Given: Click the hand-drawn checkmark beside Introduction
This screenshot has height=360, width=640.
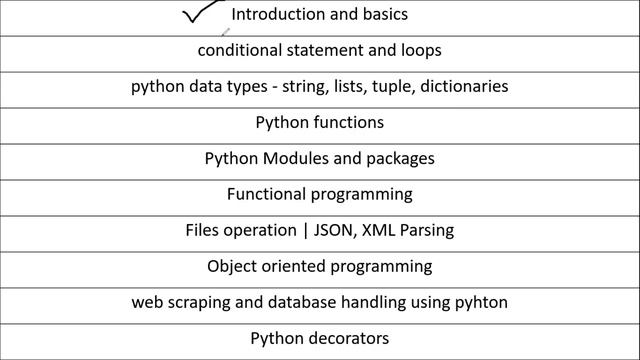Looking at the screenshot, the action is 203,14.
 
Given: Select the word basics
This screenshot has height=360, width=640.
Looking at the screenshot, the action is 382,15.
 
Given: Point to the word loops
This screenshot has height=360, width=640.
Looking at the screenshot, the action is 420,49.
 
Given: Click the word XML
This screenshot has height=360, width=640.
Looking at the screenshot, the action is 385,230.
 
